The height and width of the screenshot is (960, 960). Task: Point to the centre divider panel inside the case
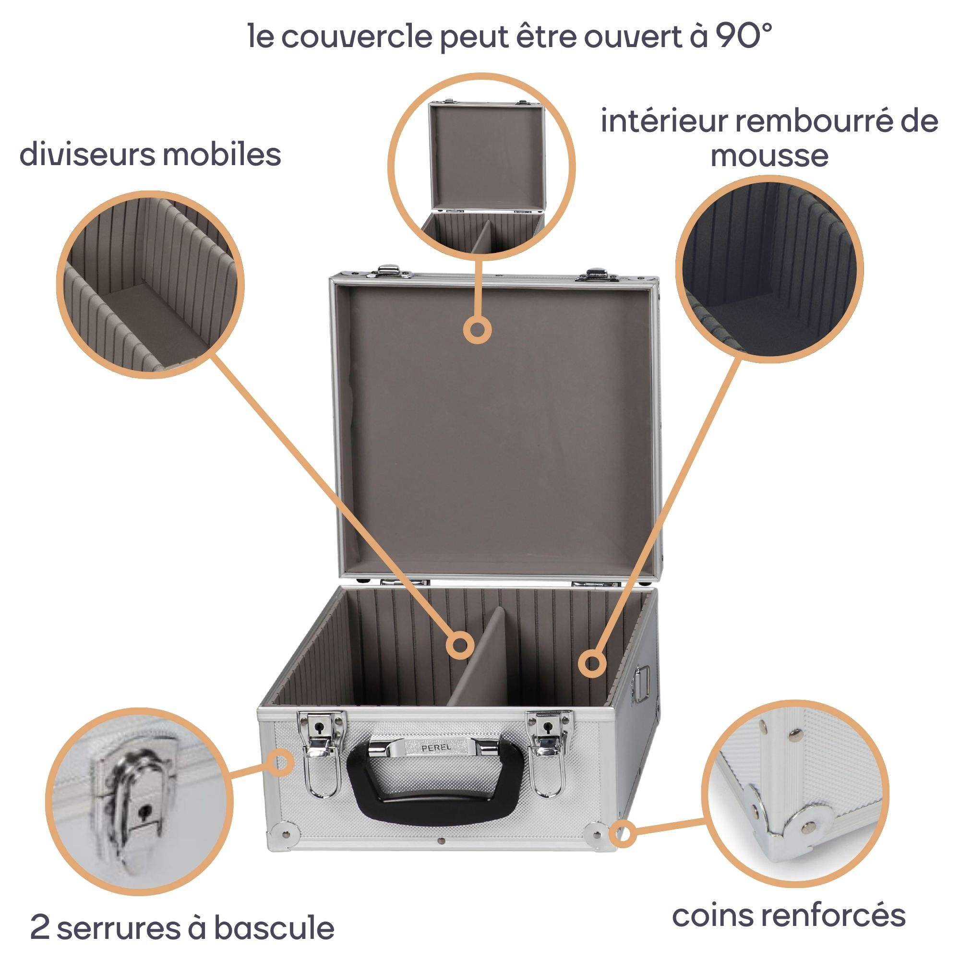(478, 661)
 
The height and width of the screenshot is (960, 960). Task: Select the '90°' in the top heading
(744, 36)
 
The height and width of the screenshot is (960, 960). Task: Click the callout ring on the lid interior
(477, 330)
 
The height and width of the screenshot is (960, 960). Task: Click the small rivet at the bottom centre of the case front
(441, 842)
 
